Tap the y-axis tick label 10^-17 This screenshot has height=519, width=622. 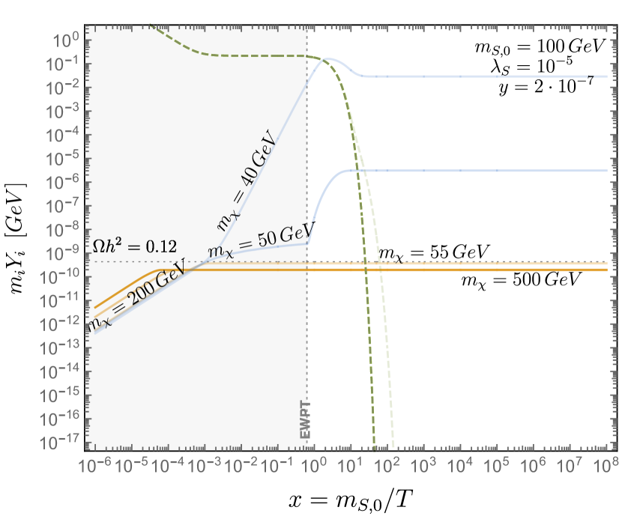64,443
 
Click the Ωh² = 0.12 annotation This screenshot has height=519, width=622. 133,246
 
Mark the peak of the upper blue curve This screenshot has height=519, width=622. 327,59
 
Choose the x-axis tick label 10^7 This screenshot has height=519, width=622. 570,466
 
